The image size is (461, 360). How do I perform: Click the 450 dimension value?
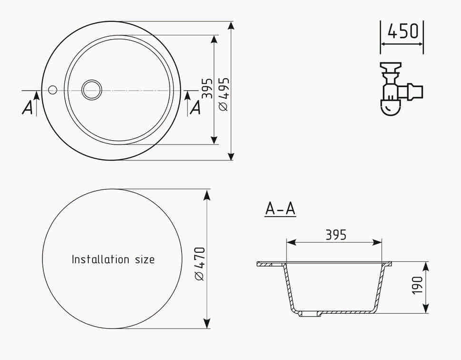click(x=402, y=31)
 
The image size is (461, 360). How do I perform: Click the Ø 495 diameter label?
click(x=224, y=94)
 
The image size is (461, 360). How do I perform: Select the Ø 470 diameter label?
click(x=200, y=264)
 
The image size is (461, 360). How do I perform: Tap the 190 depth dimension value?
click(x=417, y=285)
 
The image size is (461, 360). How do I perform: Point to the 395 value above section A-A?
click(x=336, y=235)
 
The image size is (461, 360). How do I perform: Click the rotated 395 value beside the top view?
click(x=207, y=88)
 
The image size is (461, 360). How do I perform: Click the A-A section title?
click(x=280, y=209)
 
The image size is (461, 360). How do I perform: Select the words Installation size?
click(x=113, y=259)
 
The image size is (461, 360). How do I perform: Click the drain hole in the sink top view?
click(x=92, y=90)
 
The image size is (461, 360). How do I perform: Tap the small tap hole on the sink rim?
click(x=52, y=90)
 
